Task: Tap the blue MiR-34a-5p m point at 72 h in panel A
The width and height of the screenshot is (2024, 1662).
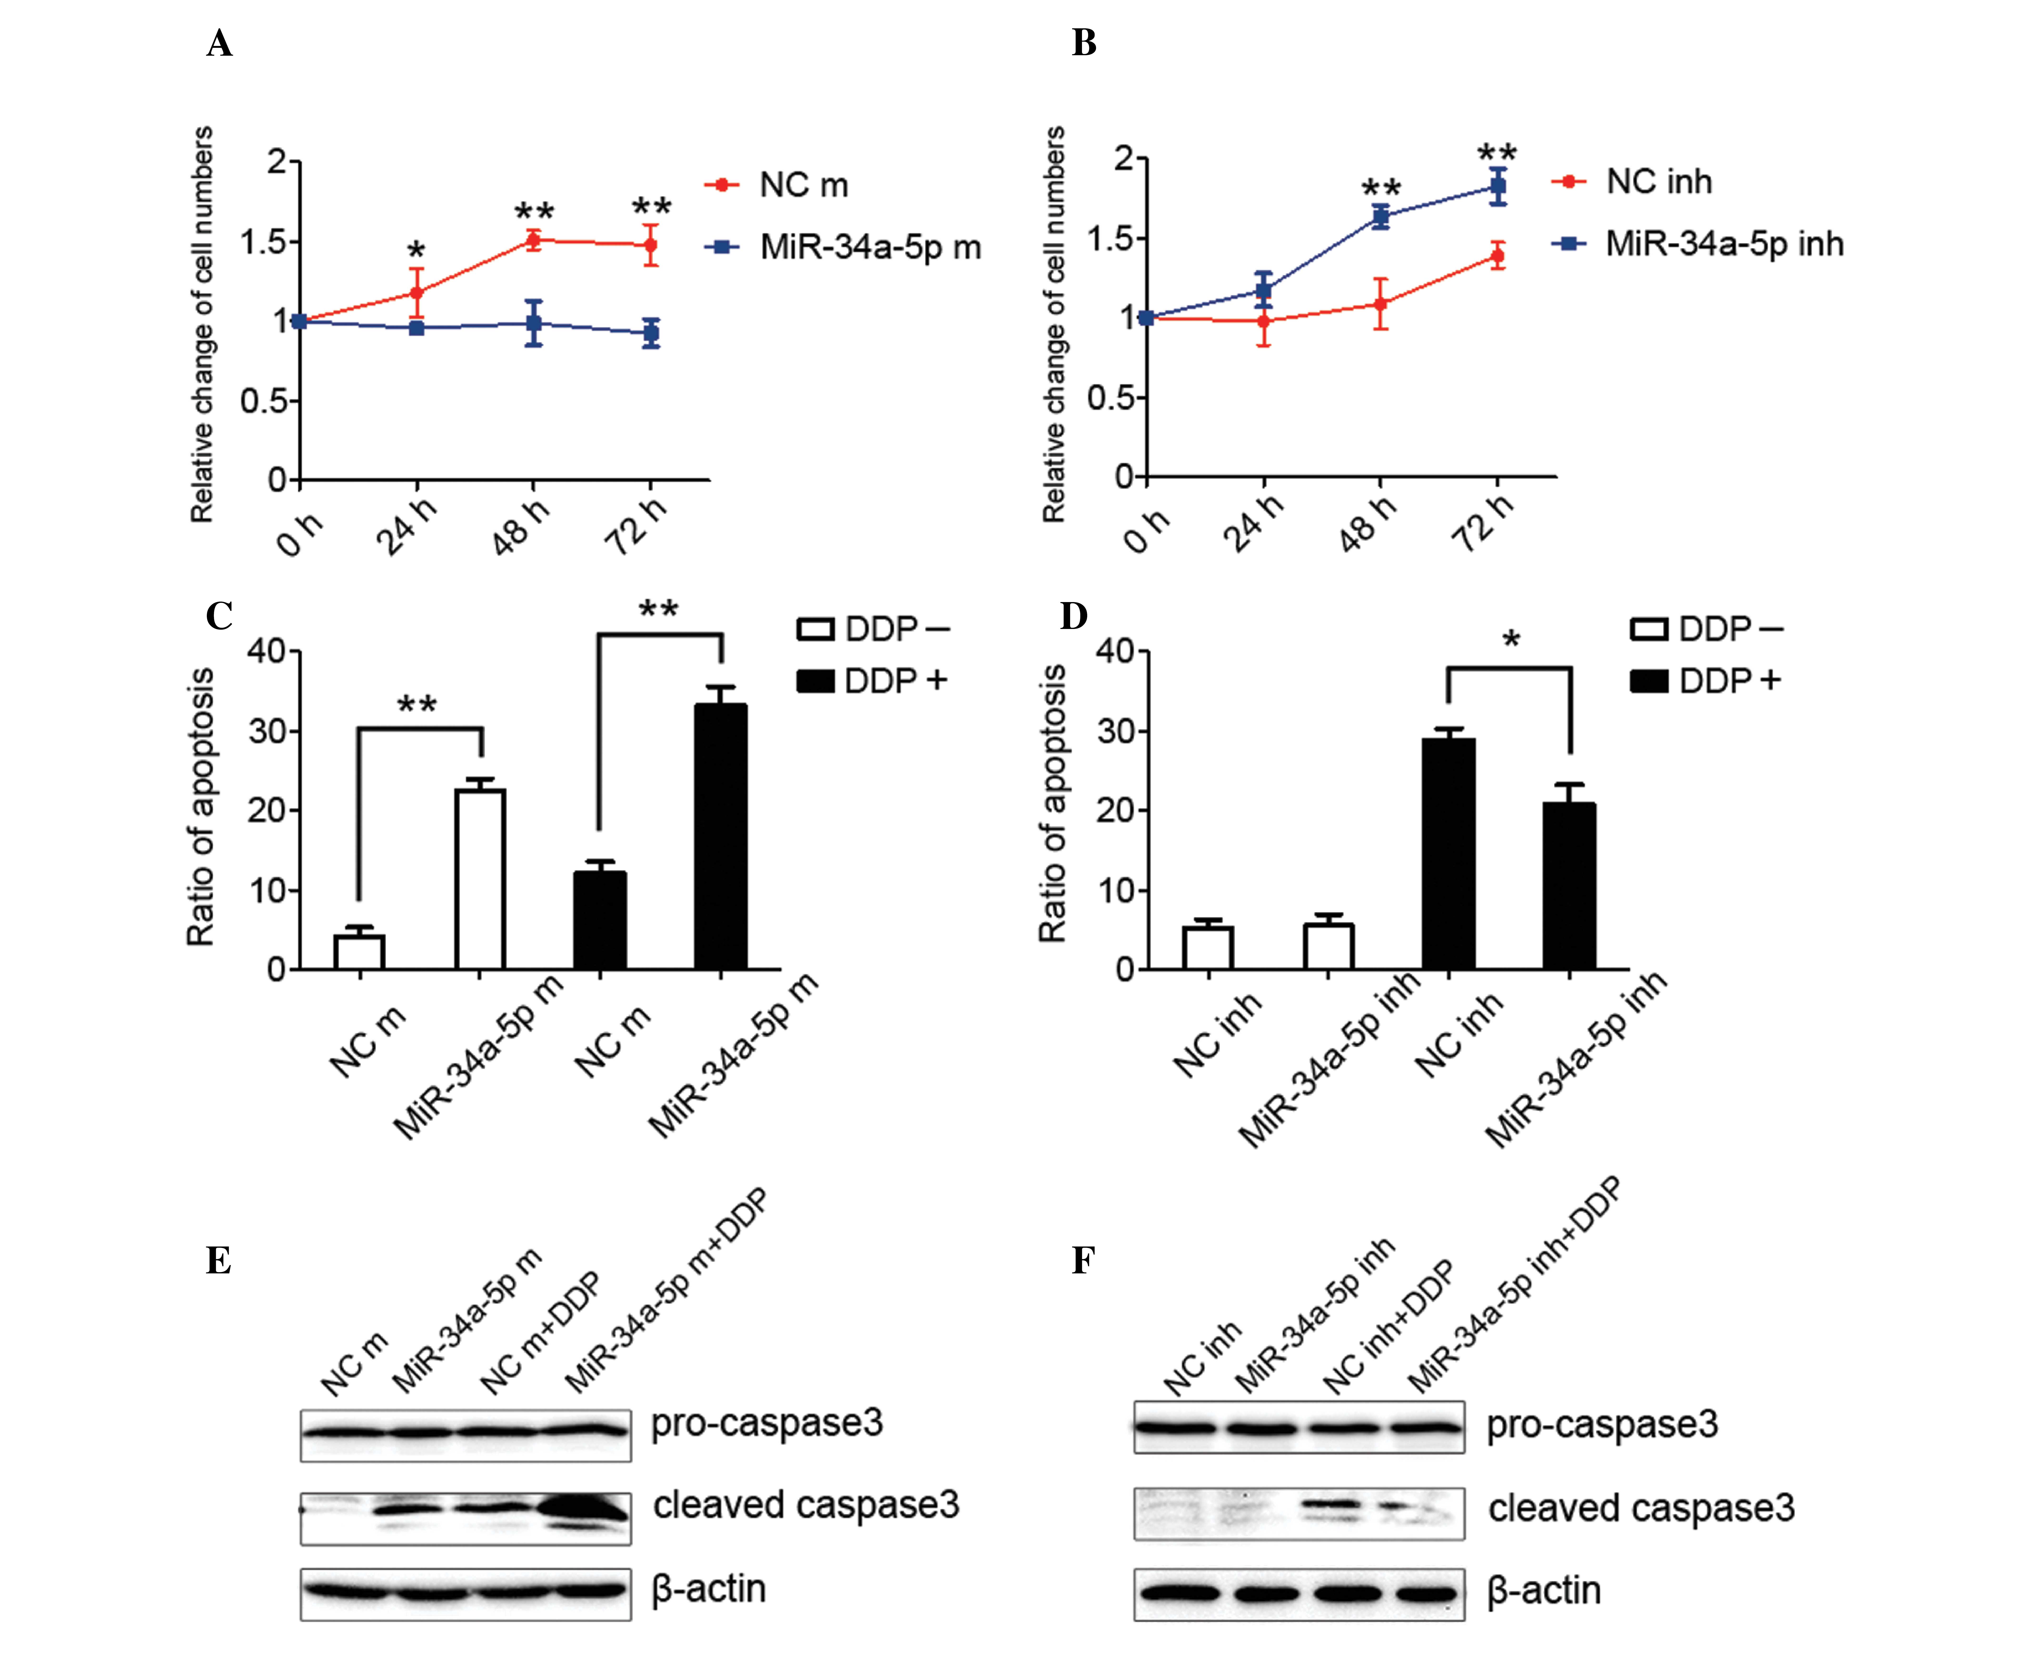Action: [x=651, y=333]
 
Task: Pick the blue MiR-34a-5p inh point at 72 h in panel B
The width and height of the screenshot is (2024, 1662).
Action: [x=1498, y=187]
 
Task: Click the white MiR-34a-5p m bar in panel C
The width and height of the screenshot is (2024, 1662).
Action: [x=480, y=879]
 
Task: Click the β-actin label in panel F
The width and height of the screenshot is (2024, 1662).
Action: [x=1543, y=1590]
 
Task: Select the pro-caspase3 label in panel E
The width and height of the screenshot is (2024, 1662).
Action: [x=767, y=1423]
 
